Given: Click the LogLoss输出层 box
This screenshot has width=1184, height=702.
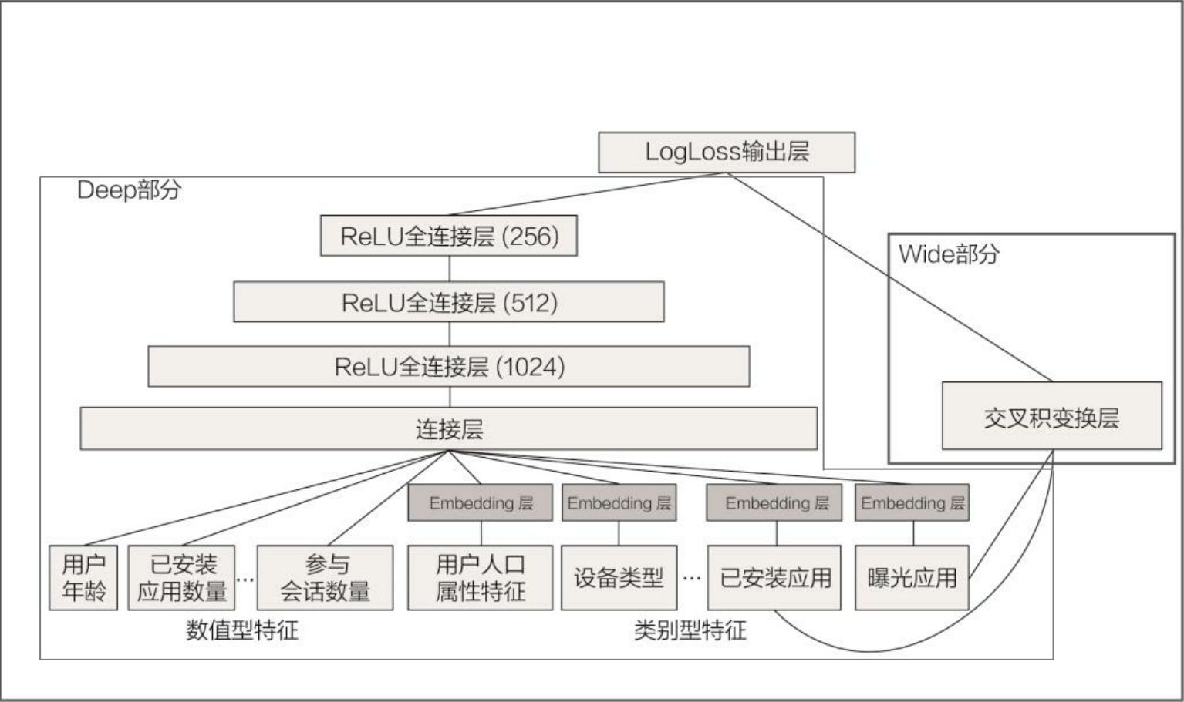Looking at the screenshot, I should coord(727,152).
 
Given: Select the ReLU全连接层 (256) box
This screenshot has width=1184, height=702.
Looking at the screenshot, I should coord(449,236).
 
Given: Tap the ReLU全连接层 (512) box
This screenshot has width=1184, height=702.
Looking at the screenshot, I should coord(449,302).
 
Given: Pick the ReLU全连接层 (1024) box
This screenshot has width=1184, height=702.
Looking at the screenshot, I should coord(449,366).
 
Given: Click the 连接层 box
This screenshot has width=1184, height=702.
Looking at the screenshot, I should coord(449,429).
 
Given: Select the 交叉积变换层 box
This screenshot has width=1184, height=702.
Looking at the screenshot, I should coord(1051,417).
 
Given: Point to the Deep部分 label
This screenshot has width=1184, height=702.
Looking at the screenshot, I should coord(129,190).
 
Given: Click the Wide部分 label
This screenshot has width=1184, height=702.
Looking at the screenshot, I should coord(949,254).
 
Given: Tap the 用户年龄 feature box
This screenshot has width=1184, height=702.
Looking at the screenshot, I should coord(83,578).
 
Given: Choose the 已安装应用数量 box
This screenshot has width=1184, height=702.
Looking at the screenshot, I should coord(181,578).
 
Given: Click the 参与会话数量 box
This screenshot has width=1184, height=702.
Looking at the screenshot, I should coord(325,578).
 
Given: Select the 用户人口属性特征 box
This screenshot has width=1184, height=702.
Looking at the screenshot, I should coord(480,578).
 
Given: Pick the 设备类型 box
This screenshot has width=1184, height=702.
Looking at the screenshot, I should coord(619,578).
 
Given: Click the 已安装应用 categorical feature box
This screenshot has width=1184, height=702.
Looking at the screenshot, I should coord(774,578).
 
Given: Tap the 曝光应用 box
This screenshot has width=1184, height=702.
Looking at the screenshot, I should coord(912,578).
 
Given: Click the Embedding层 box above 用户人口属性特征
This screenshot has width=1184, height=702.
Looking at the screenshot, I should coord(480,503).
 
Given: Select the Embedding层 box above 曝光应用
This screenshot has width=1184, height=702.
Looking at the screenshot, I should coord(912,503).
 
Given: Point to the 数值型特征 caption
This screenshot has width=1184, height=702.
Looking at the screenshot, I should coord(241,630).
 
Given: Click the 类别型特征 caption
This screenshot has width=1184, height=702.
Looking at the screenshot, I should coord(690,630).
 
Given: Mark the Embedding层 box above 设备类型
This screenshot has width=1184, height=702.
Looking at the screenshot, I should coord(619,503).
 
